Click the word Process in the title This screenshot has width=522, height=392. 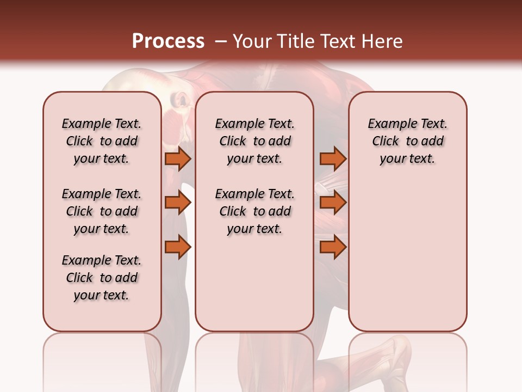pyautogui.click(x=168, y=41)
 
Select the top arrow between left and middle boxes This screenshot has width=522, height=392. pyautogui.click(x=178, y=158)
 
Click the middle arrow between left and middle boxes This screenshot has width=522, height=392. pyautogui.click(x=178, y=203)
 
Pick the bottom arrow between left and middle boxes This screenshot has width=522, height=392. pyautogui.click(x=178, y=247)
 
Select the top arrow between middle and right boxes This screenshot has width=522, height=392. pyautogui.click(x=333, y=158)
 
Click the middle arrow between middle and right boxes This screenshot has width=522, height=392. pyautogui.click(x=333, y=203)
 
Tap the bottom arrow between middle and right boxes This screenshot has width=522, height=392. pyautogui.click(x=333, y=247)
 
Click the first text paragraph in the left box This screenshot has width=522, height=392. pyautogui.click(x=102, y=141)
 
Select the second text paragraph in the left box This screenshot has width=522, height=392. pyautogui.click(x=102, y=211)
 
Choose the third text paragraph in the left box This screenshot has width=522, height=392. pyautogui.click(x=102, y=278)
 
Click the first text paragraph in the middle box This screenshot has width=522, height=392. pyautogui.click(x=254, y=141)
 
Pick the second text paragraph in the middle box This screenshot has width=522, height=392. pyautogui.click(x=254, y=211)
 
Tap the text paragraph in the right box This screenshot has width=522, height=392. pyautogui.click(x=407, y=141)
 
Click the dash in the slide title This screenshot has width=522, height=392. pyautogui.click(x=221, y=41)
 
